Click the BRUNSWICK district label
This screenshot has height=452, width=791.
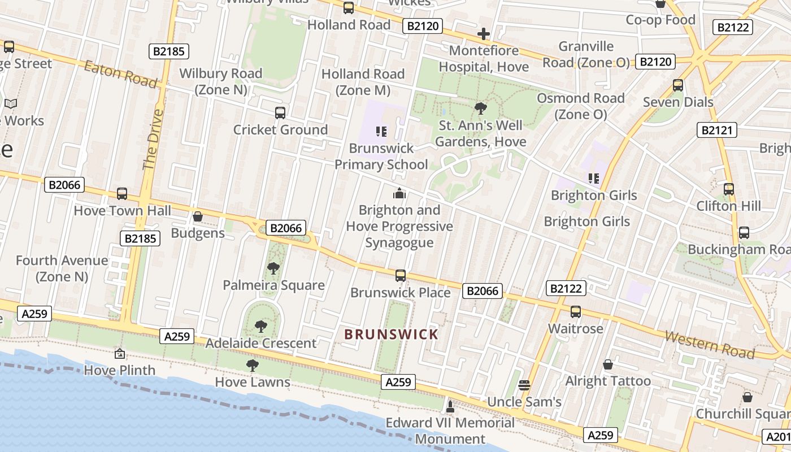tap(391, 334)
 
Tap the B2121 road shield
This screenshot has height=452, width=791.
tap(716, 131)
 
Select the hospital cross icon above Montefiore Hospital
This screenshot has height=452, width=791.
tap(483, 34)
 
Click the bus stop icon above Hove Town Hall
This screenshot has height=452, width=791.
tap(121, 194)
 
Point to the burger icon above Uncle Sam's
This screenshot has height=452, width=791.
tap(524, 385)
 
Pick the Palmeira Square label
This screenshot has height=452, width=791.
tap(273, 285)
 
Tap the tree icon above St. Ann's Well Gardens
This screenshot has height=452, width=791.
tap(481, 108)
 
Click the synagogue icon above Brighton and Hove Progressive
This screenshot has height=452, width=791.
tap(399, 194)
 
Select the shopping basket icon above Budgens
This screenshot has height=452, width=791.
tap(198, 216)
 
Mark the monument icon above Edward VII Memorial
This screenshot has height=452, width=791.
tap(450, 406)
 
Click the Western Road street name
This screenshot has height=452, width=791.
tap(710, 345)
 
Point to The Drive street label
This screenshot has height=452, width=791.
tap(153, 139)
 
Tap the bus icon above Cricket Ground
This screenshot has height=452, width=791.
tap(280, 113)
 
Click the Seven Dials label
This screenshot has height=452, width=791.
tap(678, 102)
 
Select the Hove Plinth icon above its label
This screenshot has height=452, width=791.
tap(119, 354)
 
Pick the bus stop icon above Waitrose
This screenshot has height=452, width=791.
tap(576, 312)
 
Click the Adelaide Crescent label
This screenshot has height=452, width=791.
tap(260, 343)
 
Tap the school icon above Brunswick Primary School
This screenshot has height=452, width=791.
tap(381, 132)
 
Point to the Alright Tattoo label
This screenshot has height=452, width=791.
tap(608, 381)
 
